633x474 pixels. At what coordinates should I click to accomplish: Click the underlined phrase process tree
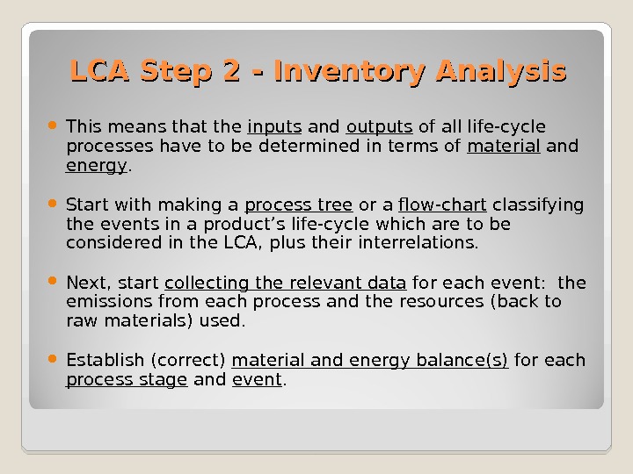pyautogui.click(x=298, y=205)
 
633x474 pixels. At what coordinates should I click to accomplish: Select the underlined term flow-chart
pyautogui.click(x=442, y=205)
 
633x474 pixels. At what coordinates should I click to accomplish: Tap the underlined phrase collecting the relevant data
pyautogui.click(x=285, y=283)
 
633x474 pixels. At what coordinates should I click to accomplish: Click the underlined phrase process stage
pyautogui.click(x=127, y=380)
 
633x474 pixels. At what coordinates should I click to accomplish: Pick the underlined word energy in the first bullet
pyautogui.click(x=97, y=164)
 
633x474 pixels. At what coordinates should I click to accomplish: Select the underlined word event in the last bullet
pyautogui.click(x=257, y=380)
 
